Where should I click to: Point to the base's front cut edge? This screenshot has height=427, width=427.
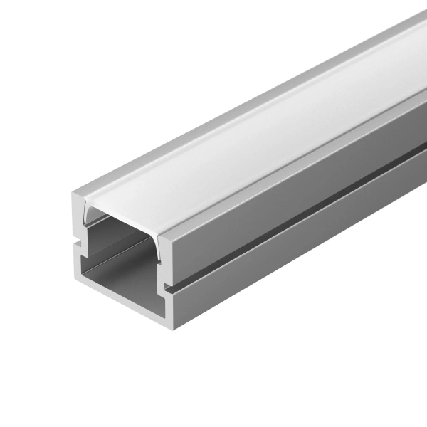125,299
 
